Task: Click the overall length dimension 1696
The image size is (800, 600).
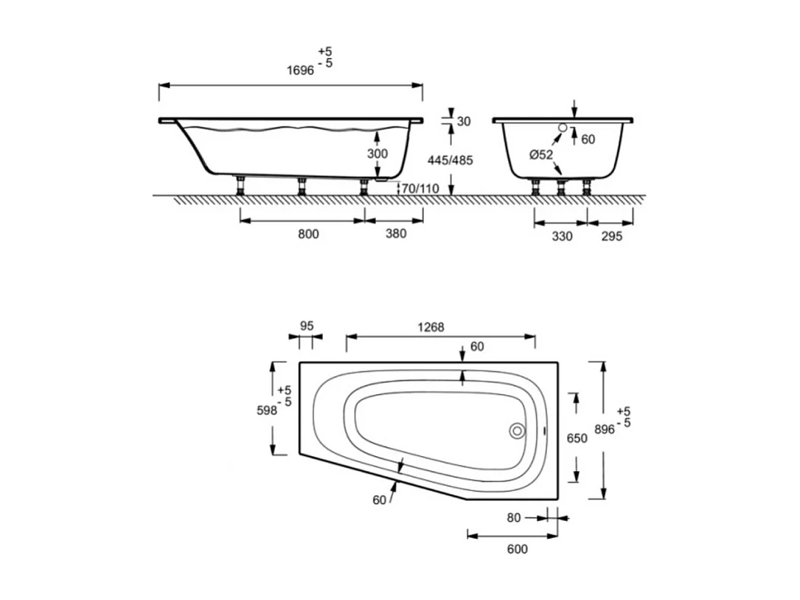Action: tap(302, 71)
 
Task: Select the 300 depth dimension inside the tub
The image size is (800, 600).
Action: tap(377, 153)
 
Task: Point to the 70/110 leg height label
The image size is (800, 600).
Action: tap(420, 189)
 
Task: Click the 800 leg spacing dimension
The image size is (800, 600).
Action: tap(307, 235)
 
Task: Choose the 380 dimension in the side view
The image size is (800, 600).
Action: tap(395, 235)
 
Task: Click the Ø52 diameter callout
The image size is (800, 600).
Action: tap(541, 154)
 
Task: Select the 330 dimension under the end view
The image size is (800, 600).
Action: tap(561, 236)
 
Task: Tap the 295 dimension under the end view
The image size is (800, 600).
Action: tap(611, 236)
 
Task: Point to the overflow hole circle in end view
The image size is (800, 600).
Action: tap(563, 128)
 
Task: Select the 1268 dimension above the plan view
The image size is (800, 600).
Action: tap(431, 328)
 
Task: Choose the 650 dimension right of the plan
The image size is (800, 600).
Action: tap(577, 438)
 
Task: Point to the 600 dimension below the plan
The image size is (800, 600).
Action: tap(516, 549)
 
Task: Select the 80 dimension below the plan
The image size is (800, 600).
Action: tap(514, 518)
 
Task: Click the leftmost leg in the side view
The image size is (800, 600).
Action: tap(240, 185)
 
